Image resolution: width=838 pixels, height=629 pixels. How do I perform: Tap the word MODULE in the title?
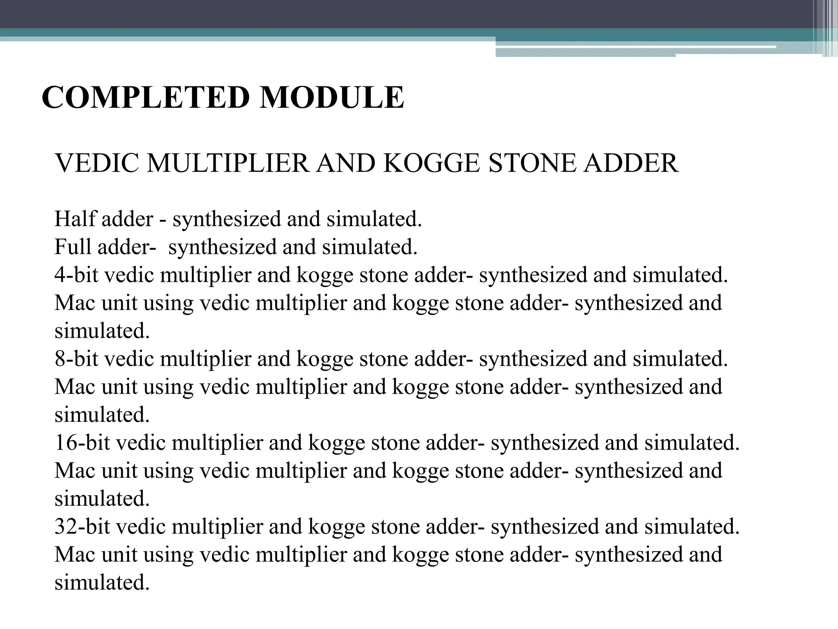coord(332,97)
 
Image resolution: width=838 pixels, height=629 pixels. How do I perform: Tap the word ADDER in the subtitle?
coord(631,163)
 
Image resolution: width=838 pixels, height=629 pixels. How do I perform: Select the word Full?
coord(73,247)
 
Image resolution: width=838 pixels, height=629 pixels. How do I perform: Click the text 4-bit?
coord(77,275)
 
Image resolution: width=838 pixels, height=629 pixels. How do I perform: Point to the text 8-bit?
coord(77,359)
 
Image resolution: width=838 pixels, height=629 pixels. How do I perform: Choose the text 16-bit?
coord(82,443)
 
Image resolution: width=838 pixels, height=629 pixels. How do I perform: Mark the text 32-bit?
coord(82,527)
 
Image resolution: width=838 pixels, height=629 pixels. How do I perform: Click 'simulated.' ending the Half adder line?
coord(374,219)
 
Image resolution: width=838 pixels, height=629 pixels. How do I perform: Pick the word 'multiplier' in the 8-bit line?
coord(205,359)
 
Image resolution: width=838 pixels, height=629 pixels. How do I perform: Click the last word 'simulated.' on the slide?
coord(102,582)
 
